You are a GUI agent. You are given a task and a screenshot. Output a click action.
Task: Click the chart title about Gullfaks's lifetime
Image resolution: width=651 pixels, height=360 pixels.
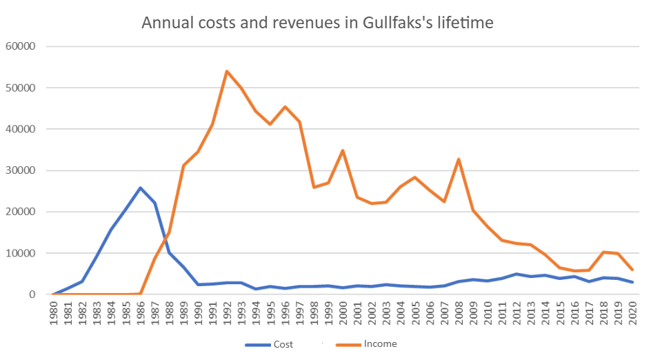(318, 23)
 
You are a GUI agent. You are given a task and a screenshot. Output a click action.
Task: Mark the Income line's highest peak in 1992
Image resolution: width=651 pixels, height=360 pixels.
(227, 71)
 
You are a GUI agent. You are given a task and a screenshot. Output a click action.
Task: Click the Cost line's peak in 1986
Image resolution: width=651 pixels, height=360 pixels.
(141, 188)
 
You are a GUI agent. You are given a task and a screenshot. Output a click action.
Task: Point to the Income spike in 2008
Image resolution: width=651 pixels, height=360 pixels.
(459, 159)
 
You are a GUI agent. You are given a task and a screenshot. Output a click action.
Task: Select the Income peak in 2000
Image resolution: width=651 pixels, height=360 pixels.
(343, 150)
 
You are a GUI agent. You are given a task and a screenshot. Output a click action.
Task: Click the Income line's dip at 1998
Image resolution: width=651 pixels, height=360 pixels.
(314, 187)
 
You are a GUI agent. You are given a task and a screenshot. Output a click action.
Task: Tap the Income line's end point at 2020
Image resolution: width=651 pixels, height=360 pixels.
(632, 270)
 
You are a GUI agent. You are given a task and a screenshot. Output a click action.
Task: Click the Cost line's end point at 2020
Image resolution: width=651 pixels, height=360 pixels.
(632, 282)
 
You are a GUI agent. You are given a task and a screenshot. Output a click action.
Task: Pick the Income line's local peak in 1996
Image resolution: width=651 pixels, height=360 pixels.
(285, 107)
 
